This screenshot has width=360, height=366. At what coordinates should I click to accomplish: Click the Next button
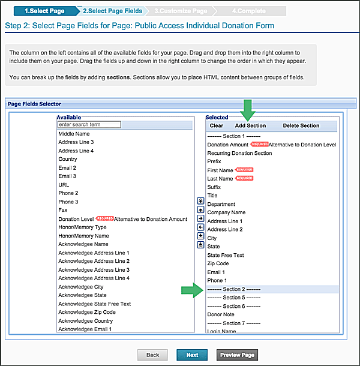pyautogui.click(x=192, y=355)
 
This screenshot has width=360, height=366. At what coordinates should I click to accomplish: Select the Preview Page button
pyautogui.click(x=237, y=355)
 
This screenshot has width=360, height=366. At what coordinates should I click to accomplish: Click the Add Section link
pyautogui.click(x=250, y=126)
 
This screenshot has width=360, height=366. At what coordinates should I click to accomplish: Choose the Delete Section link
pyautogui.click(x=301, y=126)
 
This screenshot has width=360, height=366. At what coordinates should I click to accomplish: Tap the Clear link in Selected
pyautogui.click(x=217, y=126)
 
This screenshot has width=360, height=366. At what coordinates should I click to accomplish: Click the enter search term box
pyautogui.click(x=89, y=125)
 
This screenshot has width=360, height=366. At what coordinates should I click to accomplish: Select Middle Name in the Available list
pyautogui.click(x=74, y=134)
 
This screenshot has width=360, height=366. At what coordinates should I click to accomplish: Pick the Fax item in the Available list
pyautogui.click(x=63, y=211)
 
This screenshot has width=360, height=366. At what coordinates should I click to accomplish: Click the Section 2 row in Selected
pyautogui.click(x=234, y=289)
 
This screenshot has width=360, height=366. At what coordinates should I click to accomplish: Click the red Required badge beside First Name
pyautogui.click(x=244, y=170)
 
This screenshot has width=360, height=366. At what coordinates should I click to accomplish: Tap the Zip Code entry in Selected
pyautogui.click(x=218, y=263)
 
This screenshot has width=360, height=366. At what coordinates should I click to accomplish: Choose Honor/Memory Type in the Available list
pyautogui.click(x=82, y=227)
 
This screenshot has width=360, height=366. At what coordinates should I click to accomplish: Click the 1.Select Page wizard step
pyautogui.click(x=44, y=10)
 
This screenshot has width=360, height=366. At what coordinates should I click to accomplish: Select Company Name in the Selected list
pyautogui.click(x=226, y=212)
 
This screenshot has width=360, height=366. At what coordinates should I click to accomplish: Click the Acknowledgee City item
pyautogui.click(x=81, y=287)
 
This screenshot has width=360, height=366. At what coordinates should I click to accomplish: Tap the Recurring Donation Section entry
pyautogui.click(x=239, y=153)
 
